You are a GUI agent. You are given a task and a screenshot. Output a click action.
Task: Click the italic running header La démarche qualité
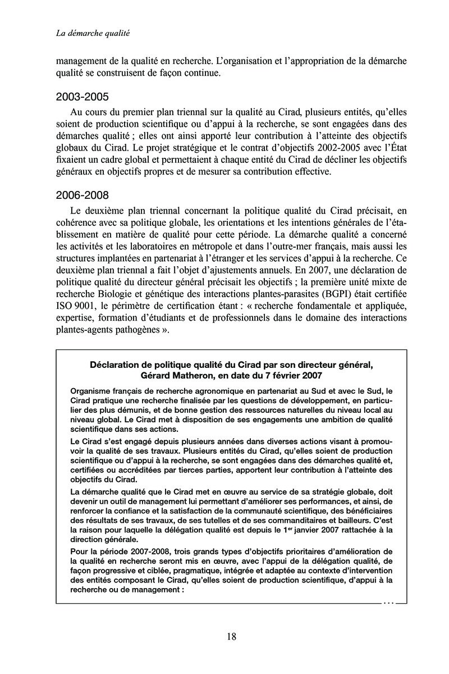click(93, 34)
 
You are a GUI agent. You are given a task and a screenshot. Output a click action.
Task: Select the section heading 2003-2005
click(83, 97)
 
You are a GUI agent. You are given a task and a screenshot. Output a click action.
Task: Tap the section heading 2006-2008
click(83, 195)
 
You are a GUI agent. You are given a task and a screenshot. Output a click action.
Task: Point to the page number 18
click(231, 636)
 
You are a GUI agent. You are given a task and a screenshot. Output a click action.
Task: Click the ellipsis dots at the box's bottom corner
click(388, 603)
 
